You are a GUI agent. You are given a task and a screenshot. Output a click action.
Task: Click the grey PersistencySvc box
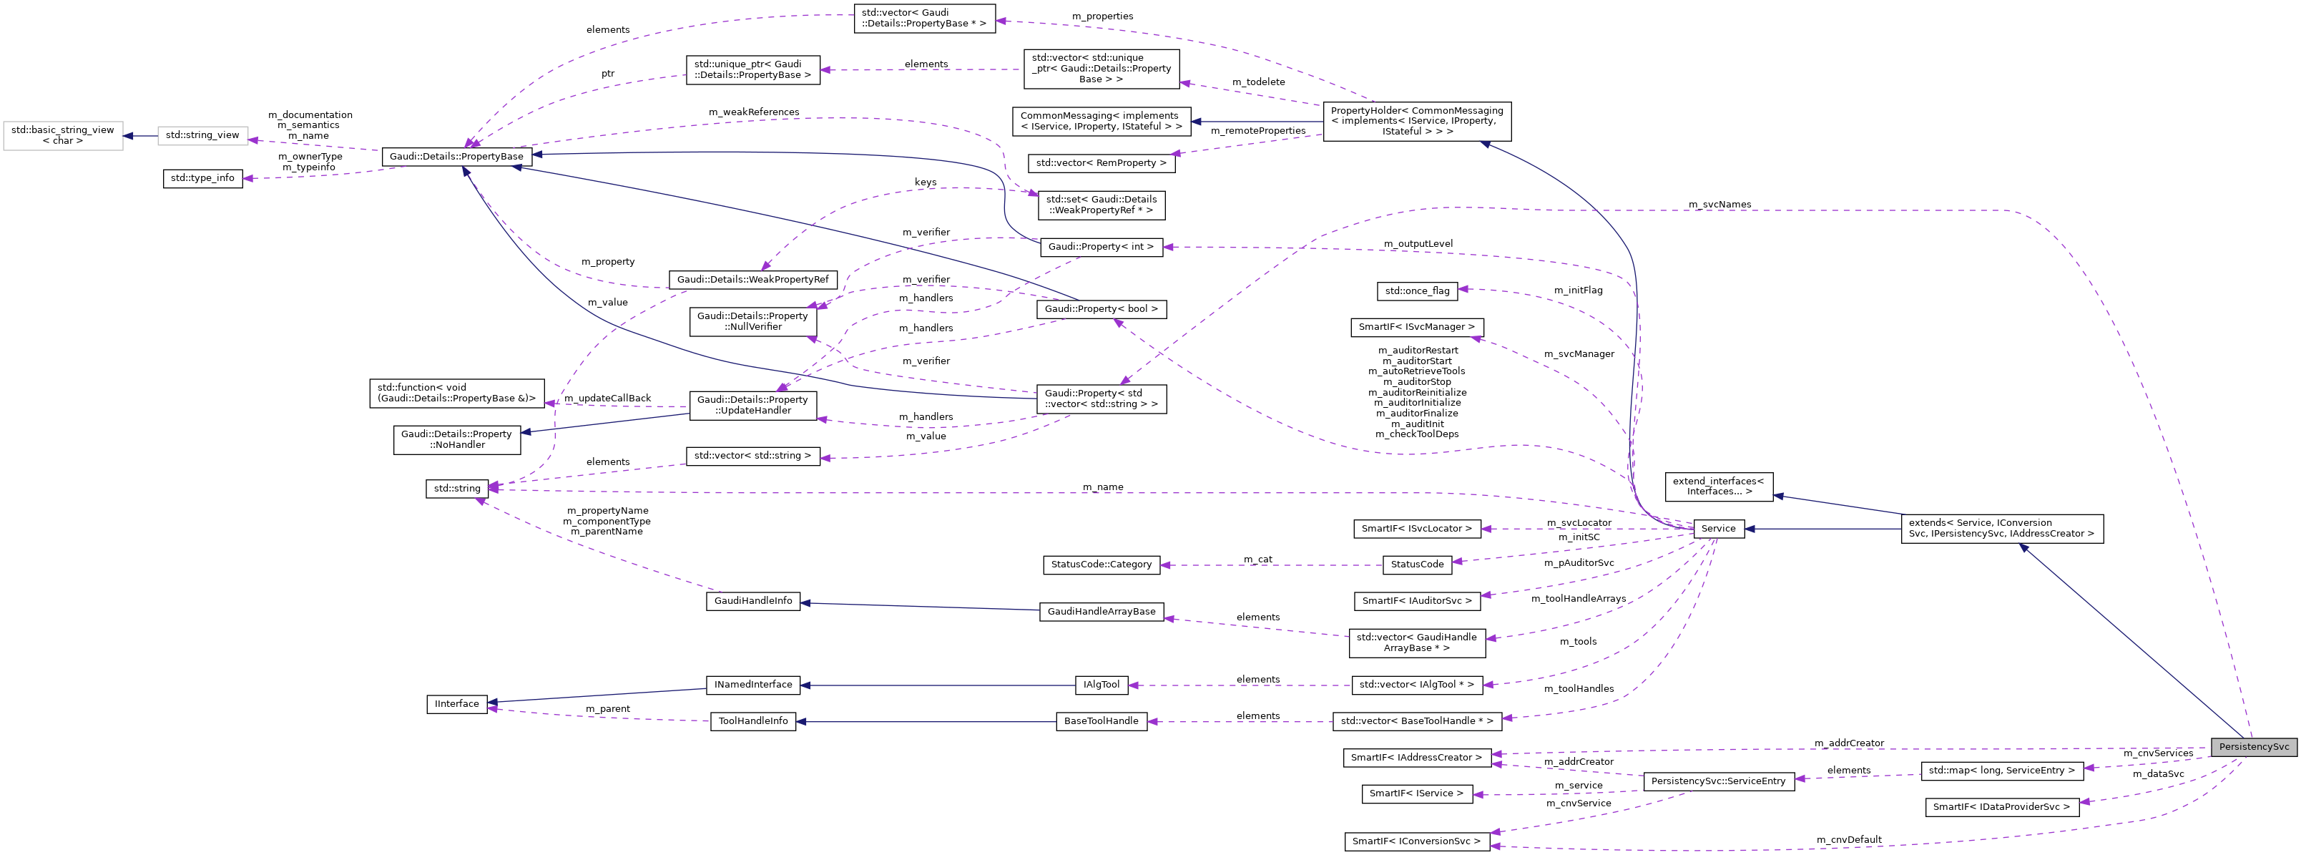point(2253,747)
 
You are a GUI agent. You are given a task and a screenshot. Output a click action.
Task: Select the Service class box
point(1718,529)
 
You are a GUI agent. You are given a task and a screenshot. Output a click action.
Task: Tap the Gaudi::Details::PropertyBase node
point(456,157)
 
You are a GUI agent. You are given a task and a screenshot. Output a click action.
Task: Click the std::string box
point(456,489)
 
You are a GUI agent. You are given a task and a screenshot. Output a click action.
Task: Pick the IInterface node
point(456,704)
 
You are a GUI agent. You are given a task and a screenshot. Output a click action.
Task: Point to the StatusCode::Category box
point(1101,565)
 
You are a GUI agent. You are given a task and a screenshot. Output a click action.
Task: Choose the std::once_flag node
point(1417,290)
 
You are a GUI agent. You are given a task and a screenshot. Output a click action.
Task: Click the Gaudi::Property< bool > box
point(1101,309)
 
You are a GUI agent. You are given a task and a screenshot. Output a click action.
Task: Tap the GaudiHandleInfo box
point(753,601)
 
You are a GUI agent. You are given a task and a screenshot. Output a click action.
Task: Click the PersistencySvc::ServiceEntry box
point(1718,781)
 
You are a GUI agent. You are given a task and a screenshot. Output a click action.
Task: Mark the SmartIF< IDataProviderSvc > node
point(2001,807)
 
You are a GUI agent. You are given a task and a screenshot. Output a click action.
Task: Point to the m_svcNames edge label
point(1719,205)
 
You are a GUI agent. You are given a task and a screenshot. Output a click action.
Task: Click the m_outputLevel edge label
point(1418,244)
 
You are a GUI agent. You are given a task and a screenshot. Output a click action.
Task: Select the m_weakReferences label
point(753,112)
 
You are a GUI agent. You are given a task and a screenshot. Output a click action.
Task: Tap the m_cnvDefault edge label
point(1848,840)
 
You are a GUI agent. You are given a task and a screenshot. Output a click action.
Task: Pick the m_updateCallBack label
point(607,399)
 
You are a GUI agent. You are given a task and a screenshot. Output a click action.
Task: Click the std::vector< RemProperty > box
point(1101,164)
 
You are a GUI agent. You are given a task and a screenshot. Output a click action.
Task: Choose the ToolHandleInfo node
point(753,721)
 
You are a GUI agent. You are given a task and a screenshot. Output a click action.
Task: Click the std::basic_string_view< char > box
point(62,136)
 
